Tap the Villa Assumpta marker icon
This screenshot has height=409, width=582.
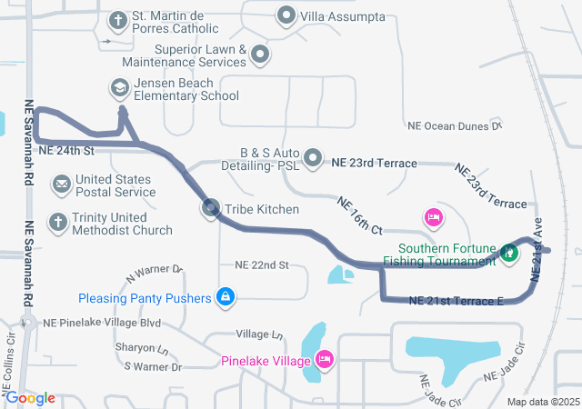pos(287,16)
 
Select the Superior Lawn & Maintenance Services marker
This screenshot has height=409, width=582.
pos(261,55)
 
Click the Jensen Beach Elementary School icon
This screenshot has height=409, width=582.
pos(119,88)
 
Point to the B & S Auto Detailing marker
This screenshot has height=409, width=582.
pos(314,159)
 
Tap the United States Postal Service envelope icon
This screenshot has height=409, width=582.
pos(61,185)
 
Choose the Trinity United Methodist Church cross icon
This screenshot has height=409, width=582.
pos(57,222)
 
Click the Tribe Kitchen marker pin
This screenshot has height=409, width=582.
pos(210,209)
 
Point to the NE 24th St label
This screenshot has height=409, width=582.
pos(67,149)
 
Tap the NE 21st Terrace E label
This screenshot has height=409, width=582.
pos(457,301)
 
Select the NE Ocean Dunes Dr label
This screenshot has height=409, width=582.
pos(455,126)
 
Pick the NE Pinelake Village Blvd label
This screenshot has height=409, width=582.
pos(101,323)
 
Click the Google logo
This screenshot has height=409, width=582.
pos(29,398)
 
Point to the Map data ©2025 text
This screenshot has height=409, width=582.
pos(542,402)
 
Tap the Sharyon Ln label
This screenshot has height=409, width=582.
pos(141,349)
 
